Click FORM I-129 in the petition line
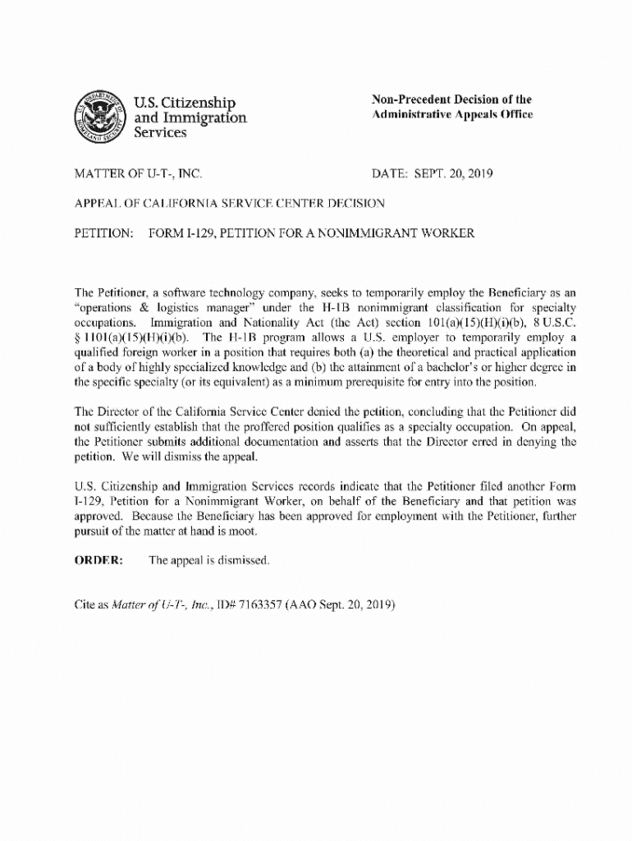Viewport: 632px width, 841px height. click(183, 234)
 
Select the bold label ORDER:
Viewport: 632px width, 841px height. click(98, 560)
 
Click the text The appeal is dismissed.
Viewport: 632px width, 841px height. click(208, 560)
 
